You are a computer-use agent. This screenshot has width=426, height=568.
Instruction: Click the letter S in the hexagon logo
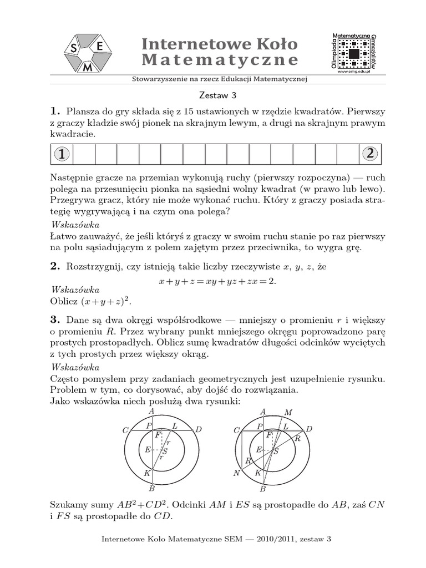[73, 49]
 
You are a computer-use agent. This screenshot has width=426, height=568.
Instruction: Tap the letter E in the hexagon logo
[99, 48]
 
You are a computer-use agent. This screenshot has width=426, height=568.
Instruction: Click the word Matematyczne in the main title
[220, 60]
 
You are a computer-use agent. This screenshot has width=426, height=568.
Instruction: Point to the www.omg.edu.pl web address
[353, 71]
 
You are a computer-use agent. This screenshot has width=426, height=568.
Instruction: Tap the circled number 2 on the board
[369, 155]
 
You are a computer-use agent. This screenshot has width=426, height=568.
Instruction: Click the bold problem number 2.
[54, 267]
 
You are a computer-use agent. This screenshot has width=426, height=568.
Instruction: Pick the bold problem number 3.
[54, 320]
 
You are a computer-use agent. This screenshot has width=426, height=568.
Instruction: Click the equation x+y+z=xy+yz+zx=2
[217, 281]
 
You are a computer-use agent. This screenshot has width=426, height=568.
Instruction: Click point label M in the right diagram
[287, 412]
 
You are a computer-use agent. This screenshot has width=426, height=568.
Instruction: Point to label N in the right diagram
[236, 473]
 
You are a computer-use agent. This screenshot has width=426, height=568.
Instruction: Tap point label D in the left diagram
[199, 430]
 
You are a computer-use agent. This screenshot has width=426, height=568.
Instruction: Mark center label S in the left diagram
[165, 451]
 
